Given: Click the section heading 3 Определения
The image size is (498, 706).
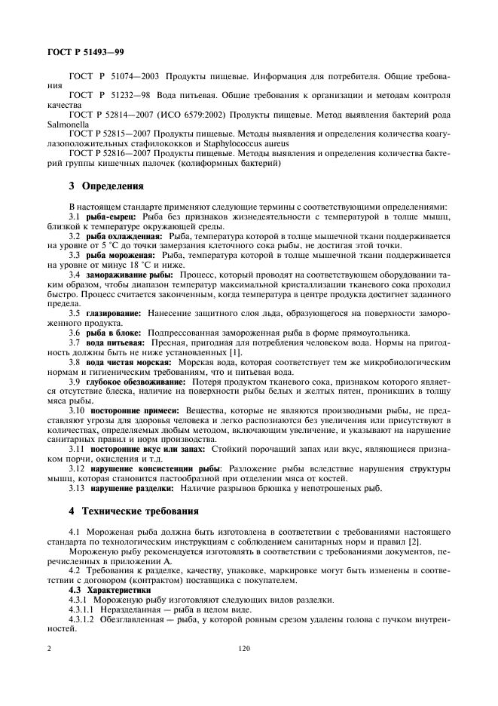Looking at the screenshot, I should tap(90, 186).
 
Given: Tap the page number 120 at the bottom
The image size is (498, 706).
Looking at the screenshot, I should tap(243, 649).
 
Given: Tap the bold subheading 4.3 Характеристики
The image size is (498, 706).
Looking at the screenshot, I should tap(109, 590).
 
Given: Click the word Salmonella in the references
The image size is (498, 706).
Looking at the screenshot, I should tap(67, 123).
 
